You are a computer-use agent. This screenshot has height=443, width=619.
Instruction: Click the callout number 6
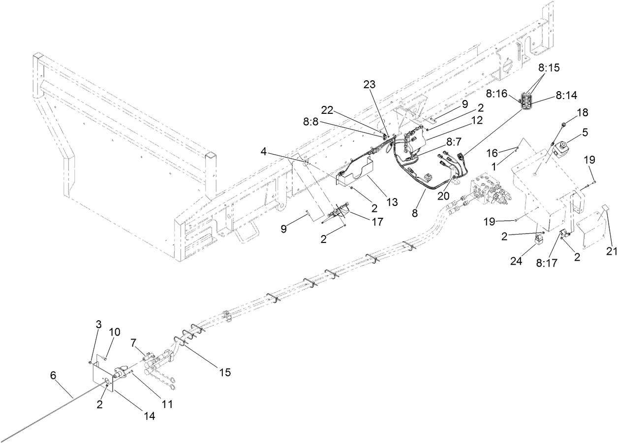tap(54, 376)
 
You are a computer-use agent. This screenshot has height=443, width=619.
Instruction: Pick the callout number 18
tap(583, 112)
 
